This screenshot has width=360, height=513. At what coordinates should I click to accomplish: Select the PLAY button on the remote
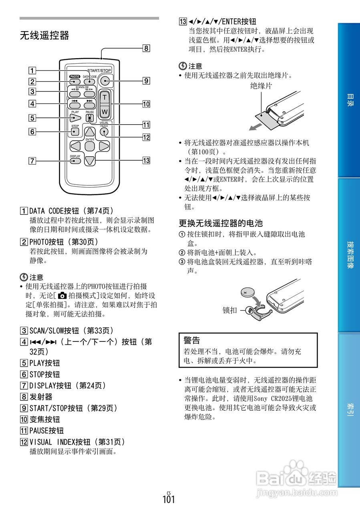point(75,118)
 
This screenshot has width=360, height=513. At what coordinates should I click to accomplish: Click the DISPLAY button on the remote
point(75,161)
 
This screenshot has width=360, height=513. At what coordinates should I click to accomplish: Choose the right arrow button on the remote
point(104,146)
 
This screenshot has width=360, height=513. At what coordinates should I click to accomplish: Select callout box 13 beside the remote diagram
point(146,161)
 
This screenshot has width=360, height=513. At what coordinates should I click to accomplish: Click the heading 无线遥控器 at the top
point(44,36)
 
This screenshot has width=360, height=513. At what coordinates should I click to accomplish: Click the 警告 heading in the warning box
point(192,341)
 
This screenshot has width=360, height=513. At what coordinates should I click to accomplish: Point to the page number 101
point(169,500)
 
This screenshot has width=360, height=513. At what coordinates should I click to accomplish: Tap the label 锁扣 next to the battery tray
point(229,310)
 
